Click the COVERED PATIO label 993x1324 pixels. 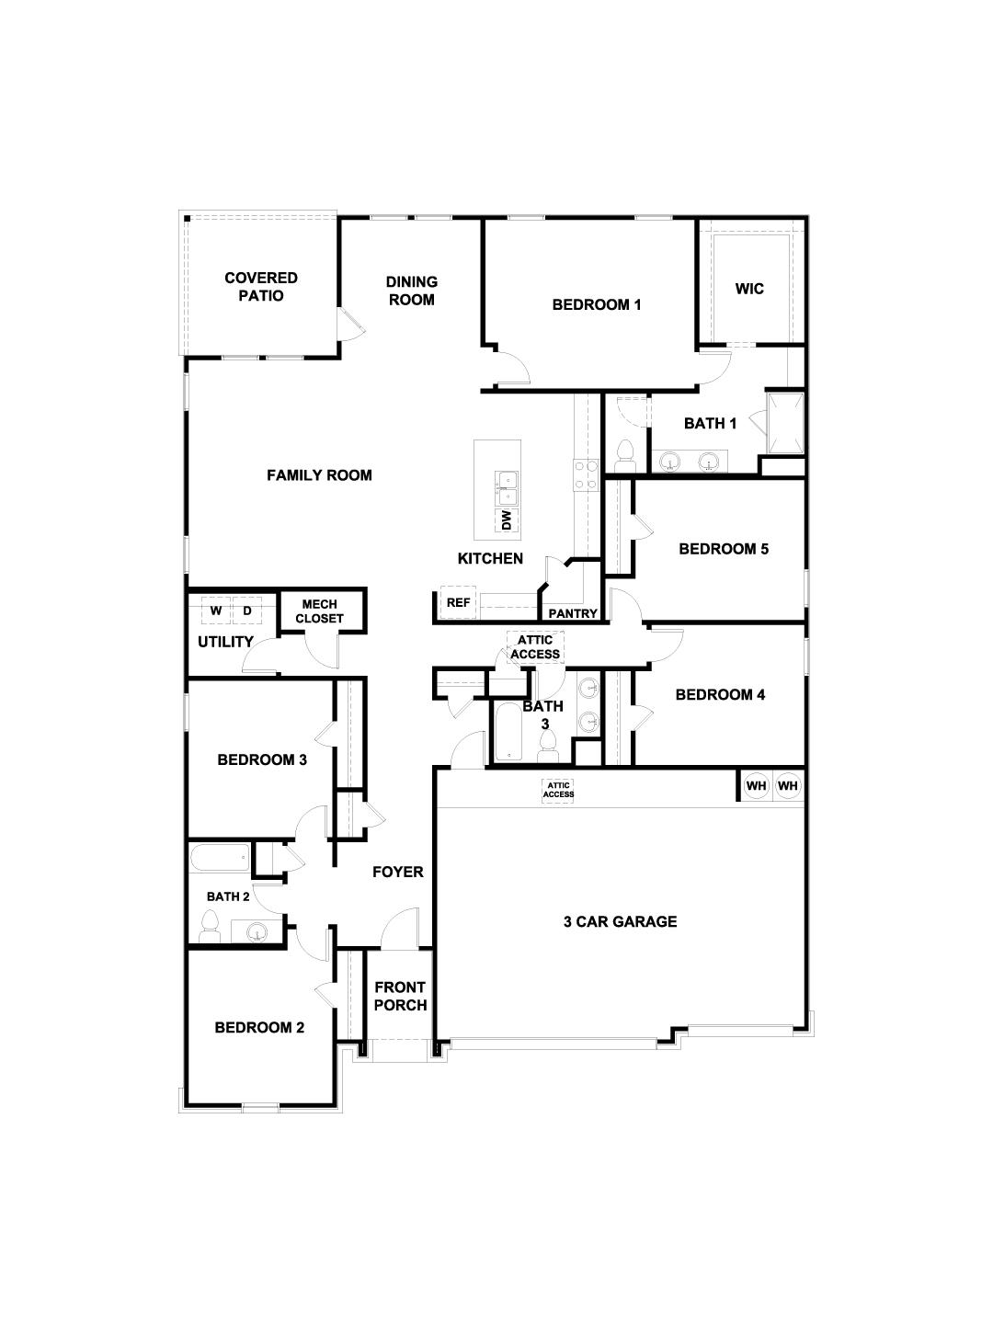click(261, 287)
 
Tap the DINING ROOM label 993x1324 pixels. click(411, 291)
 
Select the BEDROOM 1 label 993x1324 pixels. click(596, 304)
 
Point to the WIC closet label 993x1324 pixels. click(749, 289)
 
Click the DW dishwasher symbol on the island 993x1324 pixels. click(506, 520)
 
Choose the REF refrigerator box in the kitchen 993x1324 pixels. click(458, 602)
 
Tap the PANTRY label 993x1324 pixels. click(573, 613)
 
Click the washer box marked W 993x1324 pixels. click(216, 611)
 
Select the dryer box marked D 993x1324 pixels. click(247, 611)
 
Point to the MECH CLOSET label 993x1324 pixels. click(320, 611)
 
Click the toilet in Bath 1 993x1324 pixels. click(626, 454)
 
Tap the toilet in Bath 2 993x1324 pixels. click(210, 925)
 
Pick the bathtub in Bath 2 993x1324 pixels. click(219, 859)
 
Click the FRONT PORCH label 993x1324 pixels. click(400, 997)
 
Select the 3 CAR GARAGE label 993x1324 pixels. click(620, 921)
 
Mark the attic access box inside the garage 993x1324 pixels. click(558, 790)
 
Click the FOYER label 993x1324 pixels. click(397, 872)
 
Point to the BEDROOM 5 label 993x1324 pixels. click(724, 549)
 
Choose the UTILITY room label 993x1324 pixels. click(225, 642)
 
